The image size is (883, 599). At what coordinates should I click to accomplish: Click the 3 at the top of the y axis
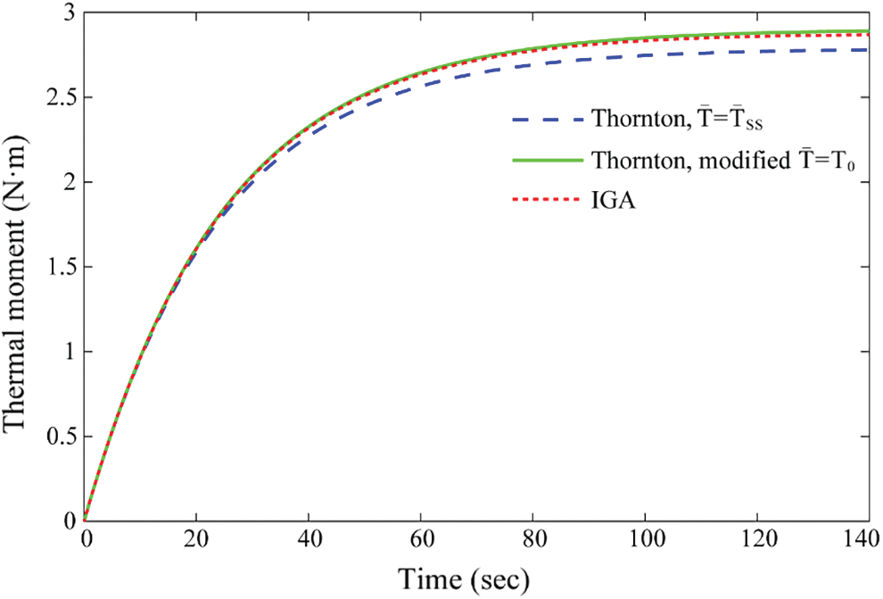(68, 14)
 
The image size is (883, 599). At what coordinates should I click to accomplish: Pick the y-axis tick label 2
(68, 183)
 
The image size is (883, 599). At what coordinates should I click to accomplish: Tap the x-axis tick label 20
(196, 538)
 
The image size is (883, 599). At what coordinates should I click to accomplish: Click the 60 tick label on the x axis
(421, 538)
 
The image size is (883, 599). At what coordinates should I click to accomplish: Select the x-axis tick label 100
(645, 538)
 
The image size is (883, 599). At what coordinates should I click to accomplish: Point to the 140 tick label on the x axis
(868, 538)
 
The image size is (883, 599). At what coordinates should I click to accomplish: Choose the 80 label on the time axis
(532, 538)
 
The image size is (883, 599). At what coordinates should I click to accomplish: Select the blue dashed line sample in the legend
(545, 118)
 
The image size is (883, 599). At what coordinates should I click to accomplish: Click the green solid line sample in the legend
(545, 161)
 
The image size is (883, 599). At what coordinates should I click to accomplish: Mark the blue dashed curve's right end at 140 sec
(868, 50)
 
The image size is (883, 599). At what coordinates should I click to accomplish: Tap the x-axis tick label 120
(756, 538)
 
